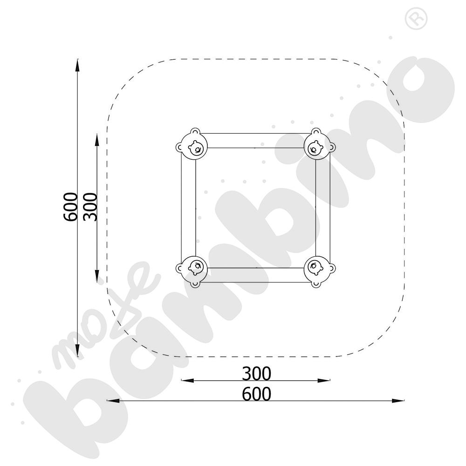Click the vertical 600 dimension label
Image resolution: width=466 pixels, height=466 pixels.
click(71, 207)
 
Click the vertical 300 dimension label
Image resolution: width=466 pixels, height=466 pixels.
click(90, 207)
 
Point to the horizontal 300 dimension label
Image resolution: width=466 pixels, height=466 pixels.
click(256, 374)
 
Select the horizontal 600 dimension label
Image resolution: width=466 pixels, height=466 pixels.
click(256, 394)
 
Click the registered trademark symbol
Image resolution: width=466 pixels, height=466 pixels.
click(416, 19)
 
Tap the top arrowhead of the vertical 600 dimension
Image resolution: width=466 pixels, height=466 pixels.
click(77, 65)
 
